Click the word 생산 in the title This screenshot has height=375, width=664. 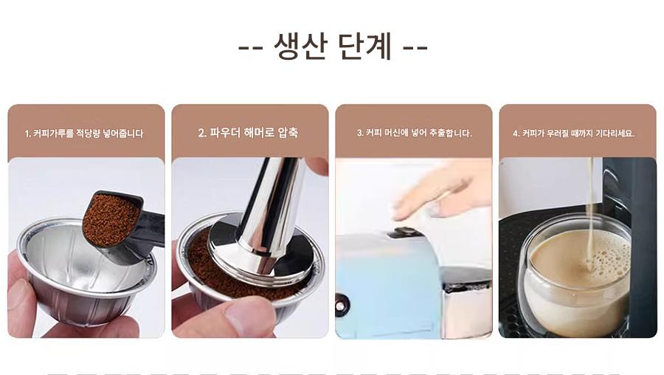pos(300,45)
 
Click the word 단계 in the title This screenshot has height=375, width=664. pos(365,45)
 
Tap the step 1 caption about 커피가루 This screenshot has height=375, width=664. pos(84,134)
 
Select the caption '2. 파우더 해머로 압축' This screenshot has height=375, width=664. pos(248,133)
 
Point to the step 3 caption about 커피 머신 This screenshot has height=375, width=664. pos(414,133)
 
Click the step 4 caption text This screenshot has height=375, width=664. pos(573,134)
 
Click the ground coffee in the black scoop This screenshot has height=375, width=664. pos(110,219)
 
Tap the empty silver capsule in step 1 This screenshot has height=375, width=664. pos(85,271)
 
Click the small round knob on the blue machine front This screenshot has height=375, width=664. pos(339,306)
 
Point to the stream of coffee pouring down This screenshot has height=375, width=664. pos(590,212)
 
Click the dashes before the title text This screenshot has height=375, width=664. pos(251,47)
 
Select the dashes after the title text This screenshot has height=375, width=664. pos(415,47)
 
